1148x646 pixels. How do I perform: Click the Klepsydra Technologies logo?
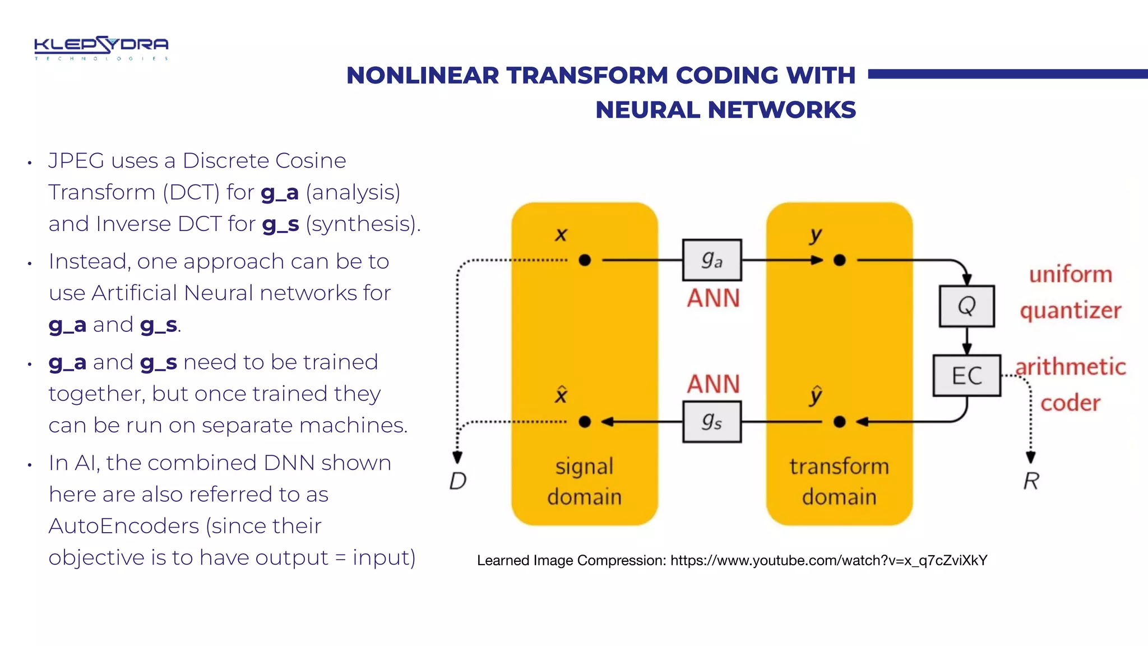[101, 48]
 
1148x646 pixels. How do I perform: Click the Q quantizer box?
[966, 306]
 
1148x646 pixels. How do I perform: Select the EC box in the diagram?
[966, 375]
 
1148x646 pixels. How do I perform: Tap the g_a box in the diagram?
[712, 260]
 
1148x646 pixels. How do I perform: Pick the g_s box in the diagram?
[712, 422]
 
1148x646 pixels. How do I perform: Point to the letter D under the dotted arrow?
[457, 481]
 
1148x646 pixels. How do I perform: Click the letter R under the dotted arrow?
[1031, 481]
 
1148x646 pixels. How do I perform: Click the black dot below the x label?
[585, 260]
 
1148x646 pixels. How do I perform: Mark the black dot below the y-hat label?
[839, 422]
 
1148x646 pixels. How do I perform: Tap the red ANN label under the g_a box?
[713, 298]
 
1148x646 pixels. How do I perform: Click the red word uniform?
[1070, 275]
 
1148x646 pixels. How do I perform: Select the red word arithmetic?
[1070, 367]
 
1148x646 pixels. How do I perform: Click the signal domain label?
[584, 482]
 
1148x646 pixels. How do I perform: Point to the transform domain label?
[839, 482]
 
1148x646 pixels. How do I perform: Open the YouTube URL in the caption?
[828, 560]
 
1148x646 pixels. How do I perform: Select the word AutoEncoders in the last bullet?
[124, 526]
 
